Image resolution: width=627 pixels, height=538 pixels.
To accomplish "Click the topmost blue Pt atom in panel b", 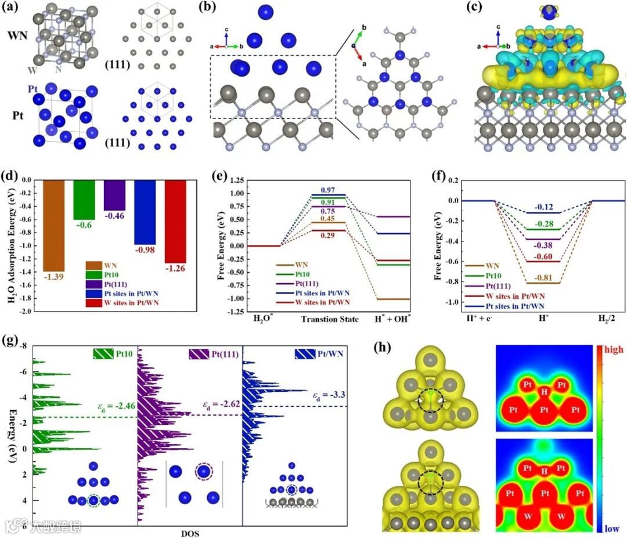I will tap(265, 12).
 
